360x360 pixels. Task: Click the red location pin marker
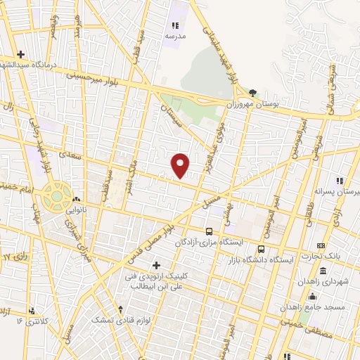pyautogui.click(x=181, y=165)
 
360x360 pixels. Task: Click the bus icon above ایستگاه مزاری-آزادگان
pyautogui.click(x=209, y=231)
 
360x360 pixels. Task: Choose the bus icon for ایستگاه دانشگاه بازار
pyautogui.click(x=261, y=249)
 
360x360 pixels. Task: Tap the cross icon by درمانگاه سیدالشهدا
pyautogui.click(x=21, y=54)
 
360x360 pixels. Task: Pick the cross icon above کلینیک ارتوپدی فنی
pyautogui.click(x=157, y=264)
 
